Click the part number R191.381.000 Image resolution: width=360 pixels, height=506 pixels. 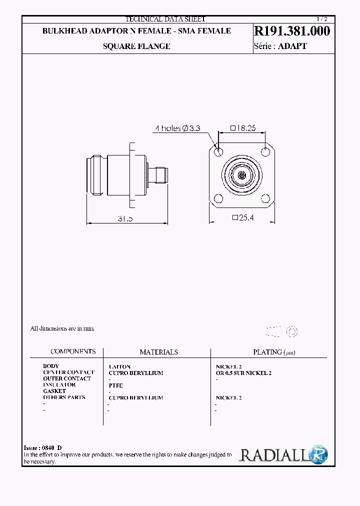(x=292, y=31)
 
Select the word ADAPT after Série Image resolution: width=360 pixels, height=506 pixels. (x=292, y=46)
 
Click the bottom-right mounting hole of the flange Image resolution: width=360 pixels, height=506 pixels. (x=265, y=199)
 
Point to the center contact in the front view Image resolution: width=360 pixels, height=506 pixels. (x=242, y=175)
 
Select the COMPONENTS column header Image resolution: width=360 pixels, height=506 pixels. (x=73, y=351)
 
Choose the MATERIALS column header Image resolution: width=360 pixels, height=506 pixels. (x=158, y=352)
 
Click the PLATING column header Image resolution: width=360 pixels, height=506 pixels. (x=274, y=352)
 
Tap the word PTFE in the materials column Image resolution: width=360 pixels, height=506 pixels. (x=115, y=385)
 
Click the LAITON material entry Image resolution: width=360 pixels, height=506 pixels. (x=119, y=366)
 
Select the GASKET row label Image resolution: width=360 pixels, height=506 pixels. (x=54, y=391)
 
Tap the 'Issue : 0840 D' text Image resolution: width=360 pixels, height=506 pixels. (x=43, y=447)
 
